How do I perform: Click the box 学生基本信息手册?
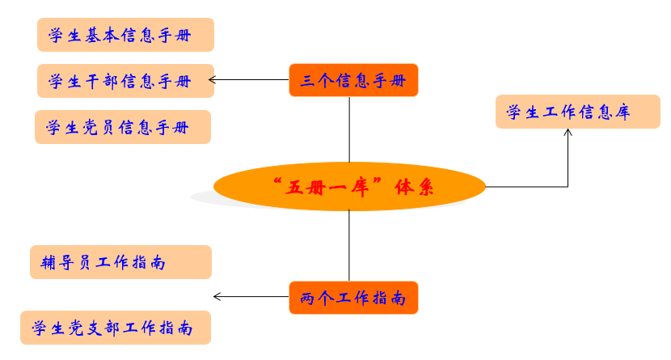tap(125, 35)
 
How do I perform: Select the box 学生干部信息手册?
tap(125, 81)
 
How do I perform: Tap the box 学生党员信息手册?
tap(122, 127)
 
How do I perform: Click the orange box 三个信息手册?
tap(353, 80)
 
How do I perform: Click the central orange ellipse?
tap(349, 187)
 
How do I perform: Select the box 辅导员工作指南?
tap(120, 262)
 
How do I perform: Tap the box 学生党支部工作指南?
tap(115, 328)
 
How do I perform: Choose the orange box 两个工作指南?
tap(353, 298)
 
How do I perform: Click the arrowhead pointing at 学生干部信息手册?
tap(213, 79)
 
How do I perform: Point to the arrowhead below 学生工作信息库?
tap(568, 133)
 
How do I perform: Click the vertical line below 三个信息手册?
tap(349, 129)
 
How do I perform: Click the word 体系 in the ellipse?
tap(414, 188)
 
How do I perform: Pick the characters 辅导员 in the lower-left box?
tap(66, 262)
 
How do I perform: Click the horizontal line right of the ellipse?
tap(525, 187)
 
